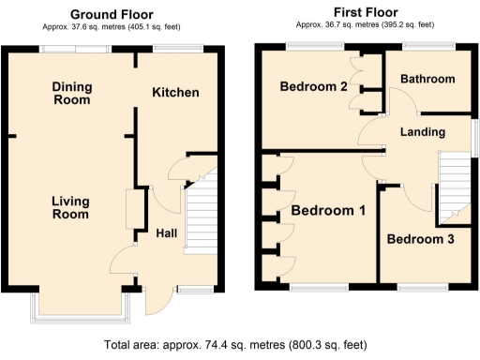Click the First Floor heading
pyautogui.click(x=361, y=12)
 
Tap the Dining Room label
pyautogui.click(x=71, y=93)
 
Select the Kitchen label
pyautogui.click(x=175, y=92)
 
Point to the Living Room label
pyautogui.click(x=70, y=207)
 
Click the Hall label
pyautogui.click(x=167, y=232)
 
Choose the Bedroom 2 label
pyautogui.click(x=314, y=87)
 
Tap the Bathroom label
pyautogui.click(x=427, y=80)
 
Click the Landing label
pyautogui.click(x=422, y=132)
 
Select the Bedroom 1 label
pyautogui.click(x=328, y=210)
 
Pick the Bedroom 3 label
pyautogui.click(x=422, y=239)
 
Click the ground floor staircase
pyautogui.click(x=201, y=214)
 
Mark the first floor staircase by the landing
pyautogui.click(x=454, y=184)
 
